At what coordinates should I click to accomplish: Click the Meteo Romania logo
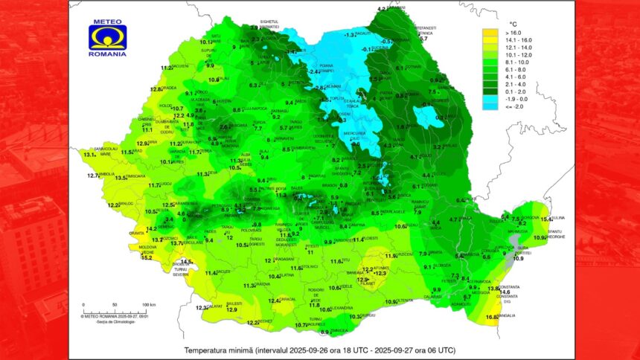click(107, 36)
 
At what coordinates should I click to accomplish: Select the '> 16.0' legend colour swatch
click(489, 33)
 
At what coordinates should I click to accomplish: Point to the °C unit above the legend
click(511, 23)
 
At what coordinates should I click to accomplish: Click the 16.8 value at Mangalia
click(491, 318)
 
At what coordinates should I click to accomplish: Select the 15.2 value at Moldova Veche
click(147, 257)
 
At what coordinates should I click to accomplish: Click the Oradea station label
click(169, 88)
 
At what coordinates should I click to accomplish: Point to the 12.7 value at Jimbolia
click(93, 176)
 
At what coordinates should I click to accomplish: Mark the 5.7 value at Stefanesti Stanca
click(423, 39)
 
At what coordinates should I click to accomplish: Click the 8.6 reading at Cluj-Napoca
click(237, 110)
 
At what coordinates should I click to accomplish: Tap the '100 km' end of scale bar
click(148, 305)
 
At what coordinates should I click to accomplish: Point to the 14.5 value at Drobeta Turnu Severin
click(187, 262)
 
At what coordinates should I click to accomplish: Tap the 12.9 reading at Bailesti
click(231, 309)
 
